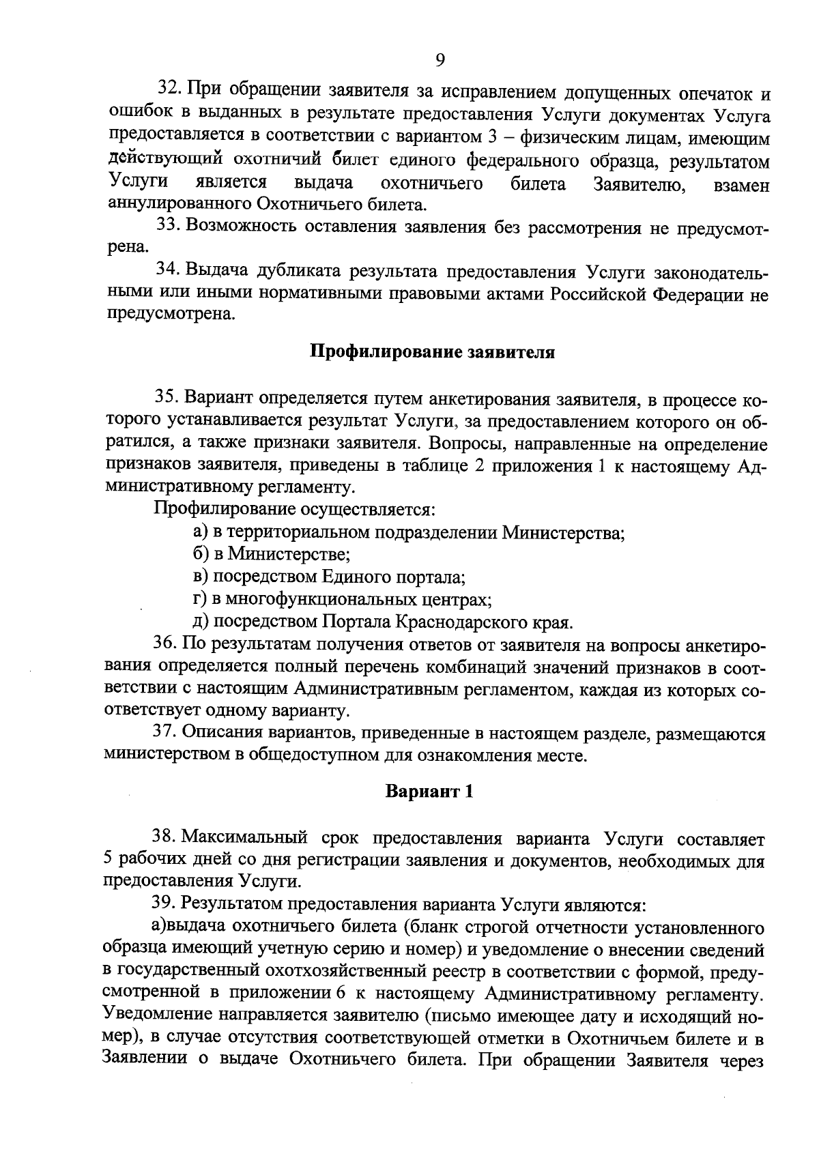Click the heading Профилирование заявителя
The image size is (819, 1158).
[x=433, y=352]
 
